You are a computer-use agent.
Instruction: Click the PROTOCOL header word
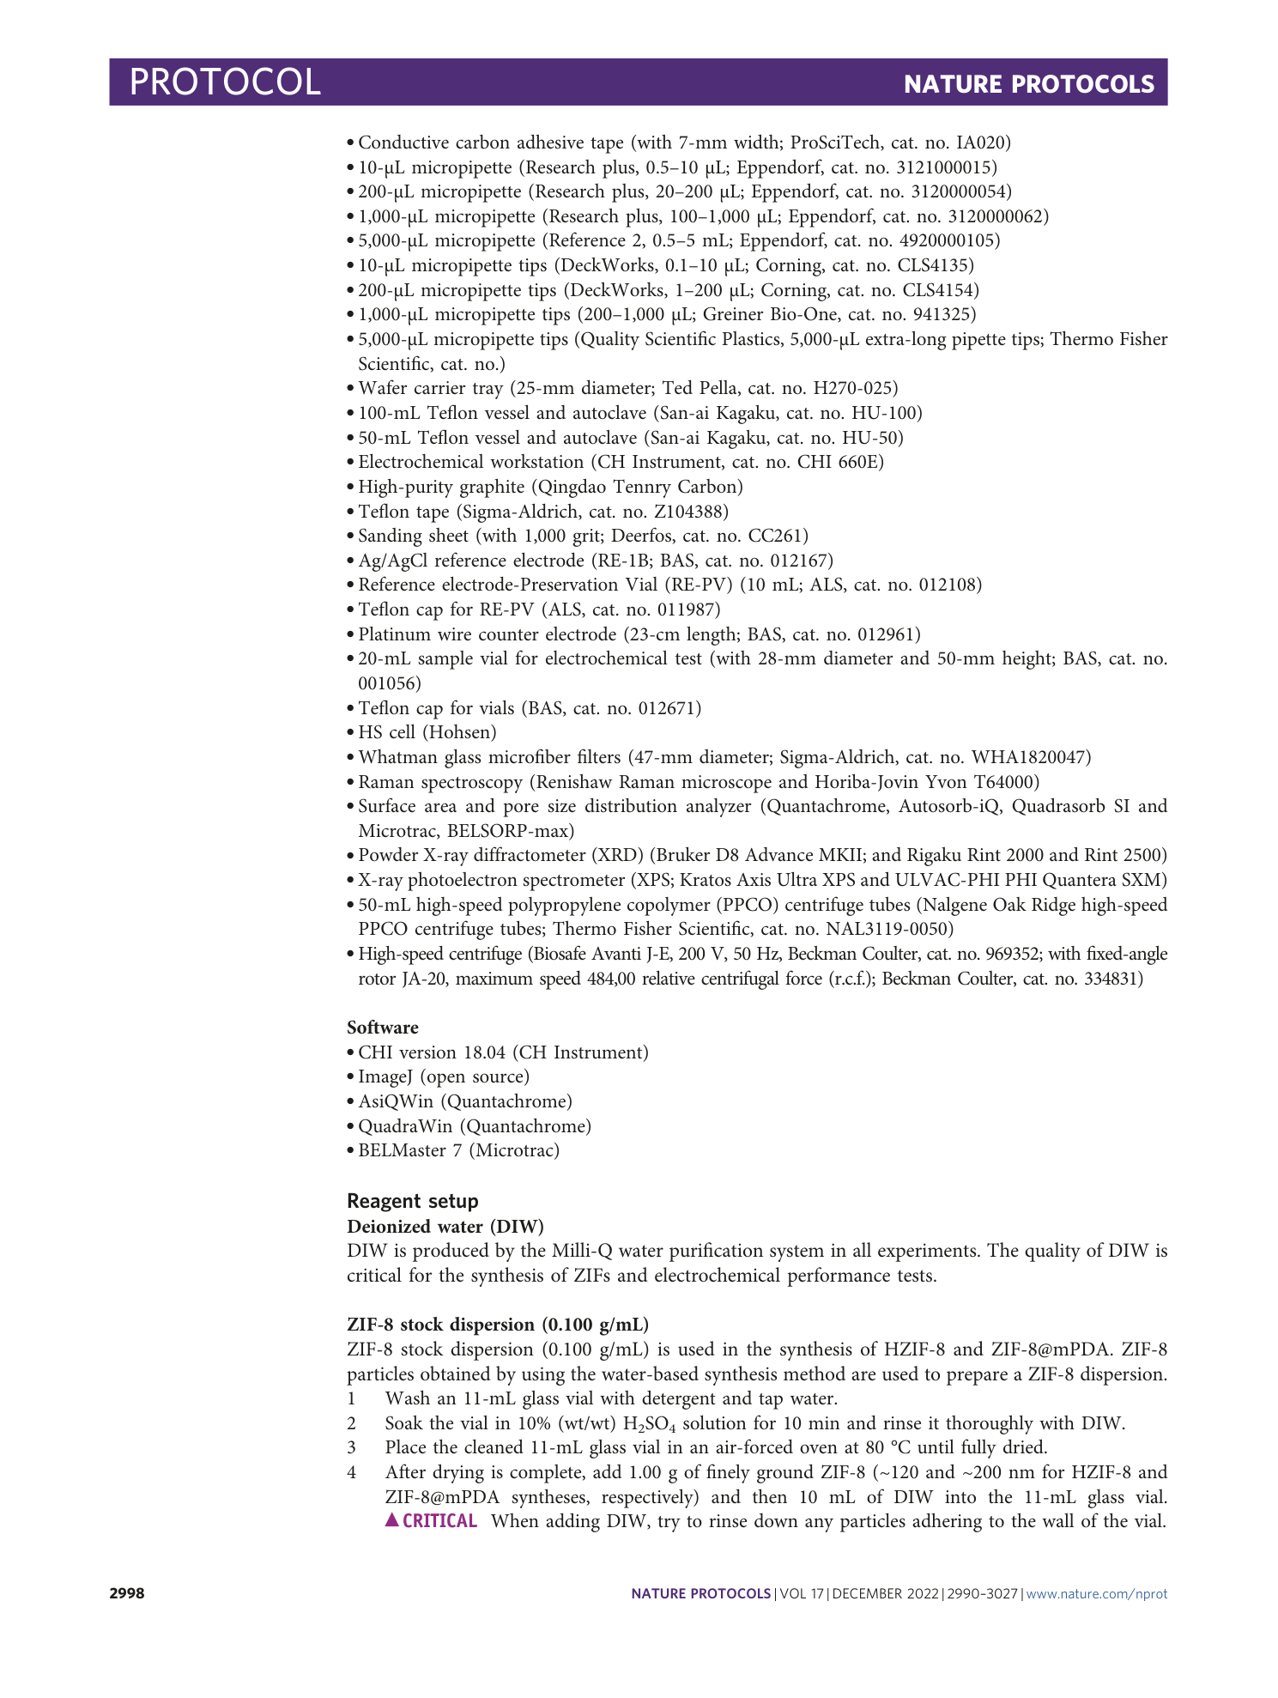[225, 82]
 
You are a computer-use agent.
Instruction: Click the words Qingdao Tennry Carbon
[638, 487]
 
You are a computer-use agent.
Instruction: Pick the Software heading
[383, 1028]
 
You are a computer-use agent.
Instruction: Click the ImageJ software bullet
[444, 1076]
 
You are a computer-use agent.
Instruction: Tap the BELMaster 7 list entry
[458, 1150]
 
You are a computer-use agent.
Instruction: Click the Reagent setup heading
[413, 1201]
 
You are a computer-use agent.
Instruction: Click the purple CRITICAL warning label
[432, 1521]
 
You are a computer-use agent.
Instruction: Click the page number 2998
[126, 1594]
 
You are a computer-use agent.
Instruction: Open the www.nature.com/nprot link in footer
[1097, 1594]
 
